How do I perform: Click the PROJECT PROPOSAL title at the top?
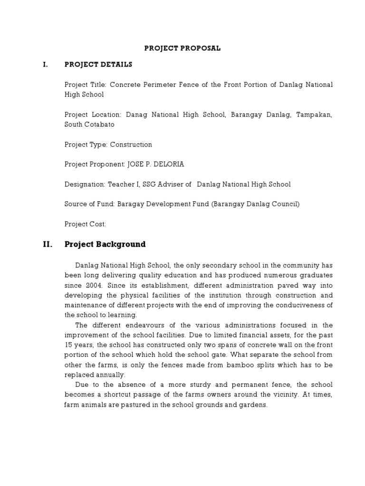coord(182,48)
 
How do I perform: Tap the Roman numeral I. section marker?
coord(45,65)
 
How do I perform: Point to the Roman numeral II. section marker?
coord(47,244)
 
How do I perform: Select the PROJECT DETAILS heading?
coord(98,65)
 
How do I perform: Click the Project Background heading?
coord(105,244)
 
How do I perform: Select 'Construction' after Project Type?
coord(131,144)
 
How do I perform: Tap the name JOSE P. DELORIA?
coord(155,164)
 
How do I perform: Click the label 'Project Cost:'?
coord(85,224)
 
